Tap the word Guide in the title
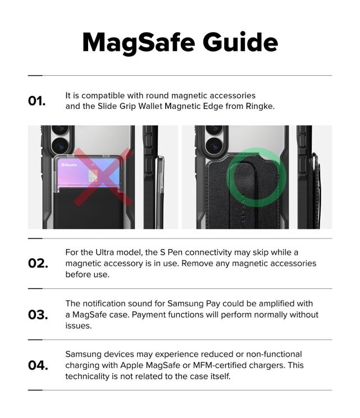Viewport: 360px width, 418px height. point(241,43)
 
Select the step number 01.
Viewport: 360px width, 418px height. point(37,101)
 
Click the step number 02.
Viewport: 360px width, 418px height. point(38,264)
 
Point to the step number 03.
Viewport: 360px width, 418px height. point(38,315)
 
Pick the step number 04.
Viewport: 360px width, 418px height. point(38,366)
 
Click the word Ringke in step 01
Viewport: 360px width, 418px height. point(260,106)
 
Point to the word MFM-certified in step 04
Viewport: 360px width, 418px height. point(250,365)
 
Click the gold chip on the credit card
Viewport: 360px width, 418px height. point(93,176)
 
